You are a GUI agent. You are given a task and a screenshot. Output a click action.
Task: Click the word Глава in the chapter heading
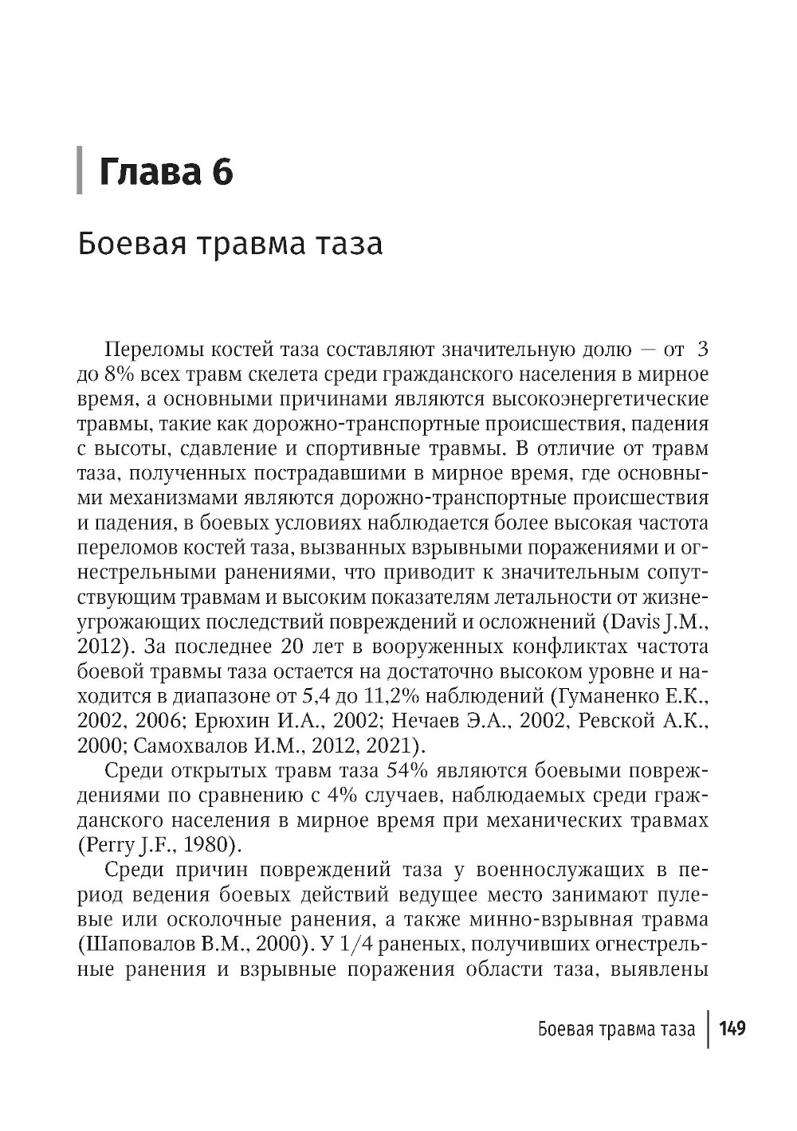[147, 172]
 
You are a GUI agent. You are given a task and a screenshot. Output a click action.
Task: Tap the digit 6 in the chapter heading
[222, 172]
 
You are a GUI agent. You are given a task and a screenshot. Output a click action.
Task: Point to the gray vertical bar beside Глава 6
[80, 170]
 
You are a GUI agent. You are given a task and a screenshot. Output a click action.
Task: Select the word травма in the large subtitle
[252, 244]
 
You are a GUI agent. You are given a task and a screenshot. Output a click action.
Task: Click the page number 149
[732, 1028]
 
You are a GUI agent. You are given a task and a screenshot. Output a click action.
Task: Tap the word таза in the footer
[677, 1029]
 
